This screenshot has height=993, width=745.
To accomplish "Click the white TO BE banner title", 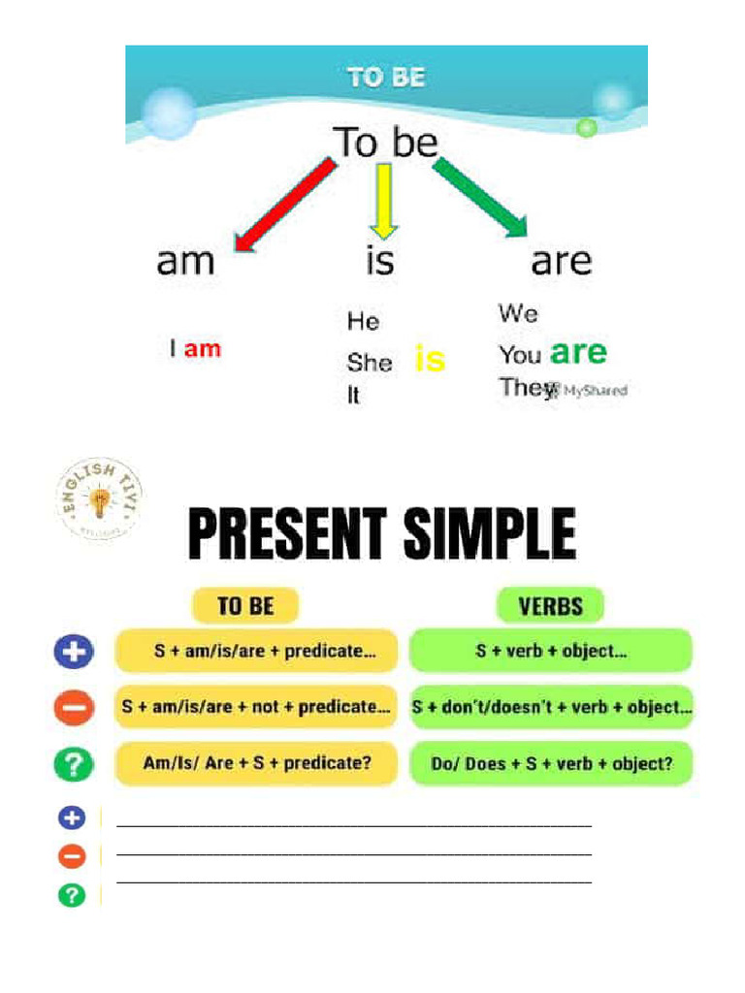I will click(386, 78).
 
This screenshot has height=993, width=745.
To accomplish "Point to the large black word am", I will click(185, 262).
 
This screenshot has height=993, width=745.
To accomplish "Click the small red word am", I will click(203, 349).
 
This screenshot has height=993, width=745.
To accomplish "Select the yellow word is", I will click(430, 360).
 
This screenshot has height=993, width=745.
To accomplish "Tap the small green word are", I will click(578, 352).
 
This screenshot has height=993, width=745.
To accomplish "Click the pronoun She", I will click(370, 364).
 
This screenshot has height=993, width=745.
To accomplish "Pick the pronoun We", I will click(518, 313).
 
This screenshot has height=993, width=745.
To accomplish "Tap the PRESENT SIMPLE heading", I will click(382, 534).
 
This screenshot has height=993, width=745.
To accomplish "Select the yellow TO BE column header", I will click(245, 606).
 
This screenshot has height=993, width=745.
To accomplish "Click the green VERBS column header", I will click(550, 607).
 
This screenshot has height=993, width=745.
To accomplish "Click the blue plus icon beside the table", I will click(74, 652).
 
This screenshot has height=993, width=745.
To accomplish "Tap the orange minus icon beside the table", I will click(74, 710).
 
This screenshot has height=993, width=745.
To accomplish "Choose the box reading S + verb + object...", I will click(551, 651).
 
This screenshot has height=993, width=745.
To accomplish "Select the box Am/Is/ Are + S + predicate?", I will click(257, 763).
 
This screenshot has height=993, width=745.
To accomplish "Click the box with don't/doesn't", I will click(551, 708).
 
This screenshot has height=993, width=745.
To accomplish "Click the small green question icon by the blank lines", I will click(72, 894).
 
